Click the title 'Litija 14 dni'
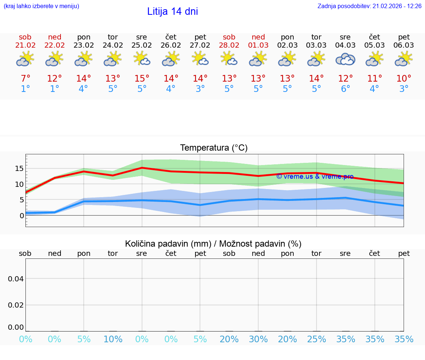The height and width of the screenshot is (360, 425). [172, 11]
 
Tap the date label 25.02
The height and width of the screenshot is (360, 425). [142, 45]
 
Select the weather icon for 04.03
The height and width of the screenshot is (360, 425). [345, 59]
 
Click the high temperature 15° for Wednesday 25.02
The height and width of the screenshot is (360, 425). [142, 79]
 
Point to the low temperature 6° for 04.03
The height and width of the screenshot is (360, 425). [345, 89]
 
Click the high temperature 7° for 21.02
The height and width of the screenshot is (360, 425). [25, 79]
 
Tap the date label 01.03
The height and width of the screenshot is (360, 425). [258, 45]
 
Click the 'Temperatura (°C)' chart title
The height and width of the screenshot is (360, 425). [214, 148]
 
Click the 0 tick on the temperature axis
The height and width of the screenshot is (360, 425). [21, 215]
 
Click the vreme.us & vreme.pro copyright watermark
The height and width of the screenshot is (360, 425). [315, 176]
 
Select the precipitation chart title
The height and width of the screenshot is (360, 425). [213, 244]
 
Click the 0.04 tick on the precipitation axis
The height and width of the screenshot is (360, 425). [16, 278]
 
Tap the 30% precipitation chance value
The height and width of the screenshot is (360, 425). [258, 339]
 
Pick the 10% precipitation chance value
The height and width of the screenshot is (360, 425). [113, 339]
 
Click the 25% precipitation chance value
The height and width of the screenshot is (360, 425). [317, 339]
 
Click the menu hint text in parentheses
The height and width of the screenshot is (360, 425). [41, 6]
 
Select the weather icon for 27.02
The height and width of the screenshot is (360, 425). [200, 59]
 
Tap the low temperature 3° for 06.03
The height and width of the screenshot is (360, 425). [404, 89]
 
